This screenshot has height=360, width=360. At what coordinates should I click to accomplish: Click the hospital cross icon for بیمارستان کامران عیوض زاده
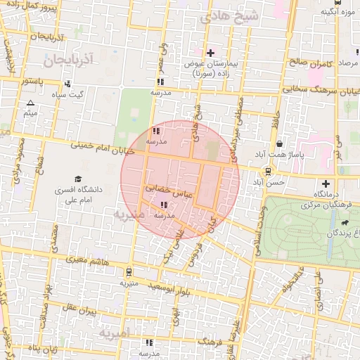point(210,53)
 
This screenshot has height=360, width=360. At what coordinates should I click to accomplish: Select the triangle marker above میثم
point(30,103)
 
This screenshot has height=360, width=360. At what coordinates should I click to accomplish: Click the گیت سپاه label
point(71,94)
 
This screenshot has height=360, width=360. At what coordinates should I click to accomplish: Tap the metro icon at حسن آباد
point(269,172)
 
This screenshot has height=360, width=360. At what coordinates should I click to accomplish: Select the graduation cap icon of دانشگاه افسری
point(78,179)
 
